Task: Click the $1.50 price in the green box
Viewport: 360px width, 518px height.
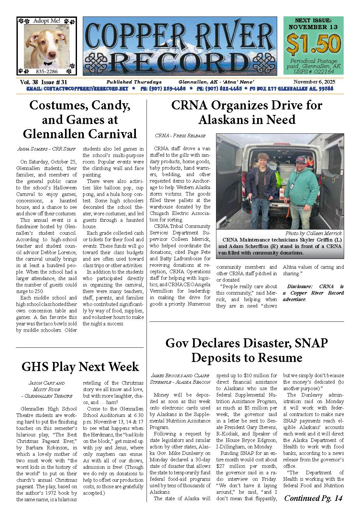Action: pyautogui.click(x=313, y=43)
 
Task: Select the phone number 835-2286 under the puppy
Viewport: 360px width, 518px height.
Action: pyautogui.click(x=47, y=71)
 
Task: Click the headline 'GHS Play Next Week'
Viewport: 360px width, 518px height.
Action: pyautogui.click(x=80, y=366)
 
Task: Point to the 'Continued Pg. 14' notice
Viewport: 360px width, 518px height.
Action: pyautogui.click(x=313, y=498)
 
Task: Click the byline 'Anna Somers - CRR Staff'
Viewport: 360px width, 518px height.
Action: pyautogui.click(x=47, y=149)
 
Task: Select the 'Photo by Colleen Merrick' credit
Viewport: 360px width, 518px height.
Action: pyautogui.click(x=313, y=233)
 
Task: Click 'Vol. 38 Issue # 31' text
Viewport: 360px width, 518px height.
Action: pyautogui.click(x=43, y=82)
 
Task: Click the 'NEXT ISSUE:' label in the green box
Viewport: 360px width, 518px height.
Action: pyautogui.click(x=313, y=20)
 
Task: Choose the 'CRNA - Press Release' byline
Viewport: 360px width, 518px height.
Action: pyautogui.click(x=180, y=136)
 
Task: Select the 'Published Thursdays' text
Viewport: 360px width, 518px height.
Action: pyautogui.click(x=134, y=82)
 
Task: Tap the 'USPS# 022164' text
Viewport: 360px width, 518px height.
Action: pyautogui.click(x=313, y=72)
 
